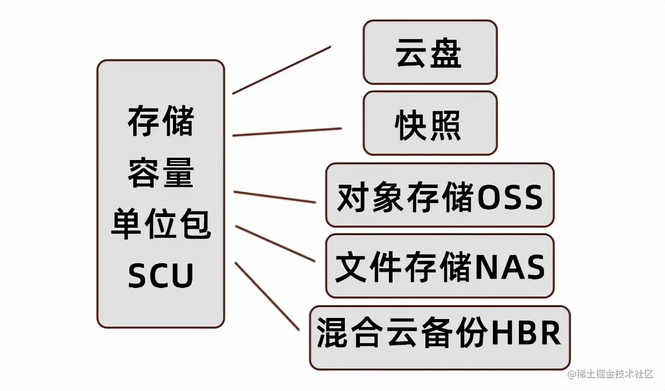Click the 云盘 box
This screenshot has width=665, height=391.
tap(430, 52)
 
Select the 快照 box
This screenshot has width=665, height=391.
tap(430, 123)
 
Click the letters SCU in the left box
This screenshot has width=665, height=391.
tap(161, 276)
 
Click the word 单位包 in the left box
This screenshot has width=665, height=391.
tap(161, 225)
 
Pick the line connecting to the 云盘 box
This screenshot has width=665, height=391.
tap(281, 70)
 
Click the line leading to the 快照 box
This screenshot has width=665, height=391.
tap(287, 132)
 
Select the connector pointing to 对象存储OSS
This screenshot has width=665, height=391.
tap(275, 197)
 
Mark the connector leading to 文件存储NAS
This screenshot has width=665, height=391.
tap(275, 243)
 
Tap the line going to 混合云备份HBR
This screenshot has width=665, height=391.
tap(267, 296)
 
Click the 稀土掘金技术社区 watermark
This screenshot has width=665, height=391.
tap(615, 374)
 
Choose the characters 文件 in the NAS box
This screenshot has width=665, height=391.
tap(368, 267)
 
